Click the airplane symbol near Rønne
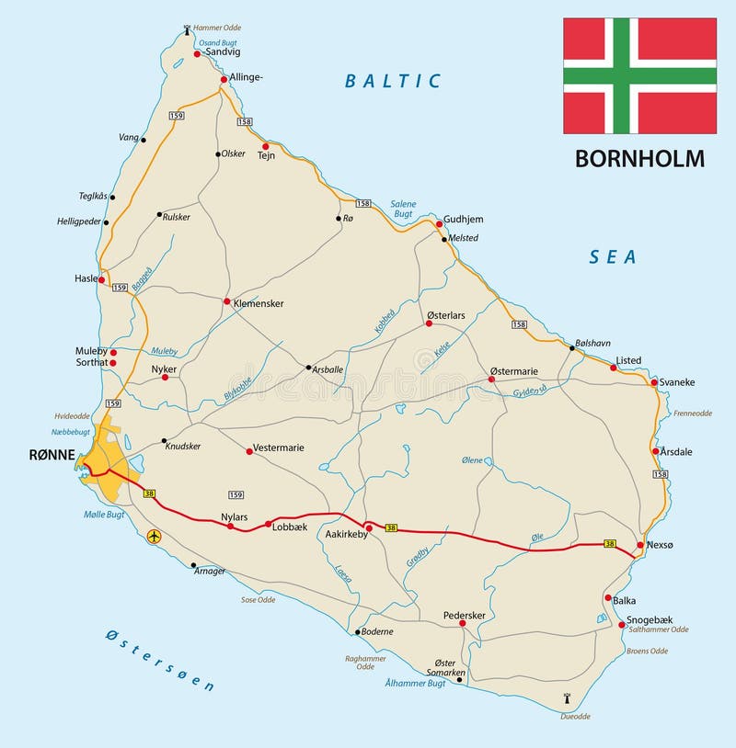(x=154, y=535)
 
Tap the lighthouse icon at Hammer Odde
(x=188, y=29)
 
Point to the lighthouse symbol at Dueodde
(x=565, y=699)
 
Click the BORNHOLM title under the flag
(x=639, y=158)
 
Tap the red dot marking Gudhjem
(x=440, y=224)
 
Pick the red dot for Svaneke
(x=654, y=382)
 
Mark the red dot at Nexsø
(x=640, y=545)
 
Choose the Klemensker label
(x=259, y=302)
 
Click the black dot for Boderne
(x=357, y=632)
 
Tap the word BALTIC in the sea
(x=393, y=81)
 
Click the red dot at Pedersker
(x=463, y=624)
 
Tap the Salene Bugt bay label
(x=403, y=209)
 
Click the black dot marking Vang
(x=144, y=140)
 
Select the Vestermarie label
(x=280, y=448)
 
